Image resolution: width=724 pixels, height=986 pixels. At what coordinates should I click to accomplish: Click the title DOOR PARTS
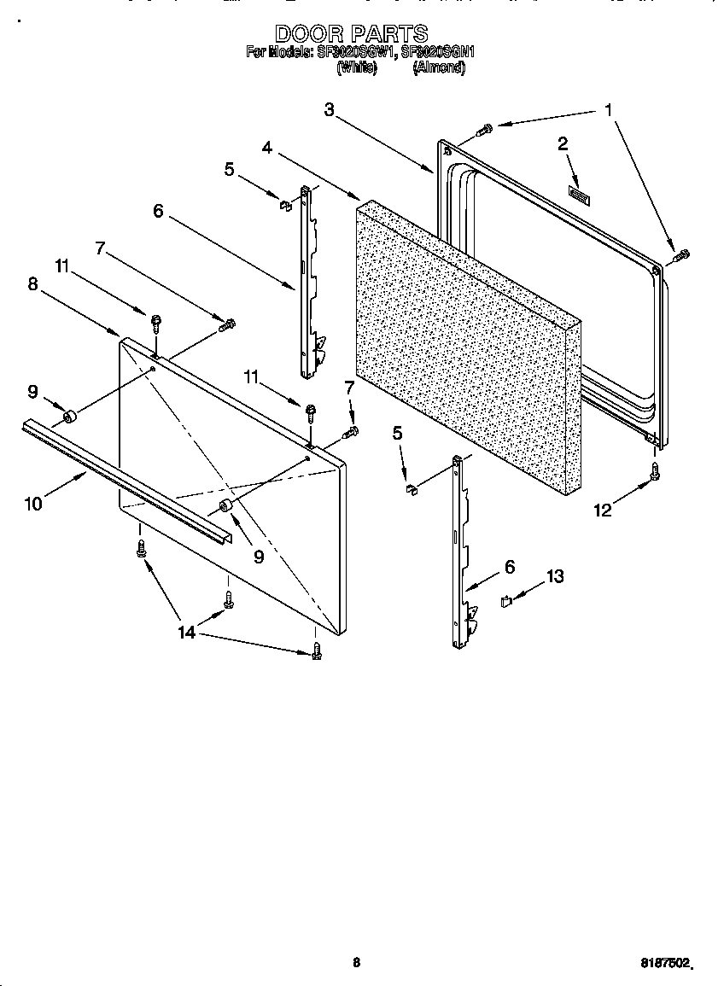point(351,33)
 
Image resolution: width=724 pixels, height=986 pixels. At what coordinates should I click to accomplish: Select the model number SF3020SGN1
point(437,52)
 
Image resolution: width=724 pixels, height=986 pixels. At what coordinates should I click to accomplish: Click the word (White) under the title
point(356,67)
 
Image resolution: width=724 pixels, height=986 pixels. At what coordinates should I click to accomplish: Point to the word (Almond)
point(439,67)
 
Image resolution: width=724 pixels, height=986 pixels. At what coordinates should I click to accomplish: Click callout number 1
point(608,110)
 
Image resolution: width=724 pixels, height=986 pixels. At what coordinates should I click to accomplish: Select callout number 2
point(563,144)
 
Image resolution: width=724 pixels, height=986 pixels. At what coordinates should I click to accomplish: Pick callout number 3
point(330,109)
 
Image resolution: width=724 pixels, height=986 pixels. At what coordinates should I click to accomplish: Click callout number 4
point(267,148)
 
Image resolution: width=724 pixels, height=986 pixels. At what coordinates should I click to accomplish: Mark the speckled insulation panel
point(465,341)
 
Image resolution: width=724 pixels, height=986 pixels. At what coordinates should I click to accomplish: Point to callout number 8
point(32,285)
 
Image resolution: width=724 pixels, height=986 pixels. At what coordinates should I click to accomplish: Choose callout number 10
point(32,504)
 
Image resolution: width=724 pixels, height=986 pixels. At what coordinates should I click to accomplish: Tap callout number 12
point(603,511)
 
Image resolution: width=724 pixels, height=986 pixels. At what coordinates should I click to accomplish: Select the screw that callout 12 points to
point(656,470)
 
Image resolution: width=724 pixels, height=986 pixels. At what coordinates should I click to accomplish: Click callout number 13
point(555,577)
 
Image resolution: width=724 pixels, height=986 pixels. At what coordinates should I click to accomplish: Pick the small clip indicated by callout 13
point(505,601)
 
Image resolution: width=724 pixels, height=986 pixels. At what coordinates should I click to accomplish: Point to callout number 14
point(186,632)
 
